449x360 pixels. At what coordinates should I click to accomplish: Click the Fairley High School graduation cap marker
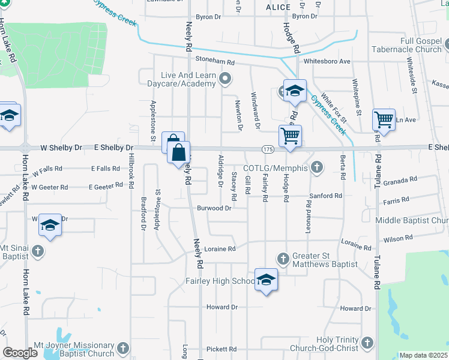coord(267,280)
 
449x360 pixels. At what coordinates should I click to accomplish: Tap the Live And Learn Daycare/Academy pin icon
coord(226,78)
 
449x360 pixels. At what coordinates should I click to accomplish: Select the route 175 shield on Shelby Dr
coord(268,148)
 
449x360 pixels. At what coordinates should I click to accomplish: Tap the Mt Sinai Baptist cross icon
coord(38,251)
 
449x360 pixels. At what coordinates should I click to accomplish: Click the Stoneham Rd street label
coord(214,61)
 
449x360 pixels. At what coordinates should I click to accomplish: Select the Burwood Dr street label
coord(214,208)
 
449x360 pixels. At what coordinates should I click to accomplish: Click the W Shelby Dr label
coord(61,148)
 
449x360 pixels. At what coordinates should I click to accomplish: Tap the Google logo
coord(20,352)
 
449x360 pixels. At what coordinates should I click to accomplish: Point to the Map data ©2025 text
coord(423,355)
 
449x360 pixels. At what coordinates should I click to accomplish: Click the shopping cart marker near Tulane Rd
coord(383,119)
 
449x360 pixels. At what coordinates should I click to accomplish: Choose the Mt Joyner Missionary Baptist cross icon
coord(122,349)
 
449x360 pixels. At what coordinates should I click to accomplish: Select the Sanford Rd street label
coord(325,196)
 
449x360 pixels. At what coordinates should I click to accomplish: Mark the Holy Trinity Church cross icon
coord(367,343)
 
